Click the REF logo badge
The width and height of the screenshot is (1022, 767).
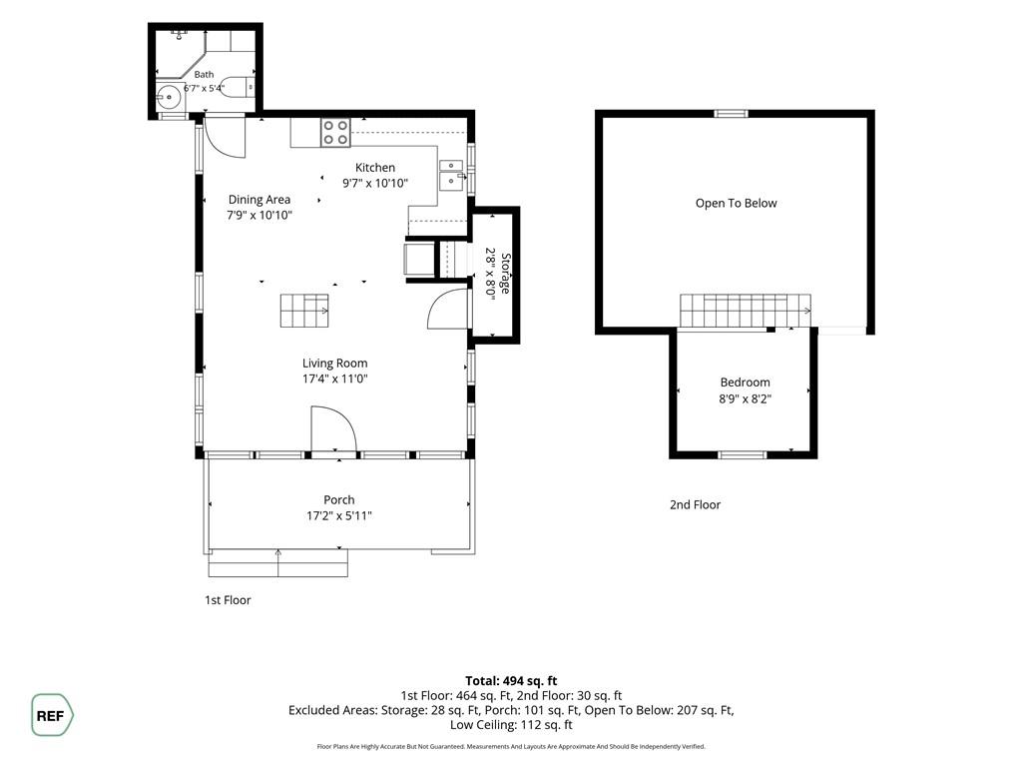tap(52, 715)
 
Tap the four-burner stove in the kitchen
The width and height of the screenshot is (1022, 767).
tap(335, 133)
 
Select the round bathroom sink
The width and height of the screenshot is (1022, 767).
tap(169, 98)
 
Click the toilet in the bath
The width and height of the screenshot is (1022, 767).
tap(238, 87)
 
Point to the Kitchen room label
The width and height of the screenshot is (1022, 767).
tap(375, 168)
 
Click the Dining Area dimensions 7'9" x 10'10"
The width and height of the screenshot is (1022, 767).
tap(259, 215)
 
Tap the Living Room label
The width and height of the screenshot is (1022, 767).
tap(334, 364)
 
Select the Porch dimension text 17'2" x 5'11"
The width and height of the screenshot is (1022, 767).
tap(339, 516)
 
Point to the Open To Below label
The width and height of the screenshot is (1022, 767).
tap(736, 203)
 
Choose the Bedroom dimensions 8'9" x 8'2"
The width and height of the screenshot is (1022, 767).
tap(745, 398)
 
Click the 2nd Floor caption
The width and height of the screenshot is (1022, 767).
tap(695, 504)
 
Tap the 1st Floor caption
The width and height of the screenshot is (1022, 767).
tap(228, 600)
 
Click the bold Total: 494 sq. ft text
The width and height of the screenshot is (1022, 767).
tap(511, 681)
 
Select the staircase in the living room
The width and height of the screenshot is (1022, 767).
tap(304, 311)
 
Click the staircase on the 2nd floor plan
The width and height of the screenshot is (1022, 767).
tap(746, 311)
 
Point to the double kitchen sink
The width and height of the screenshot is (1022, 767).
tap(451, 175)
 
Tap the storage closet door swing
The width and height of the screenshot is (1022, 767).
tap(448, 309)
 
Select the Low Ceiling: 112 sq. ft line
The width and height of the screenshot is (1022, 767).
tap(511, 725)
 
